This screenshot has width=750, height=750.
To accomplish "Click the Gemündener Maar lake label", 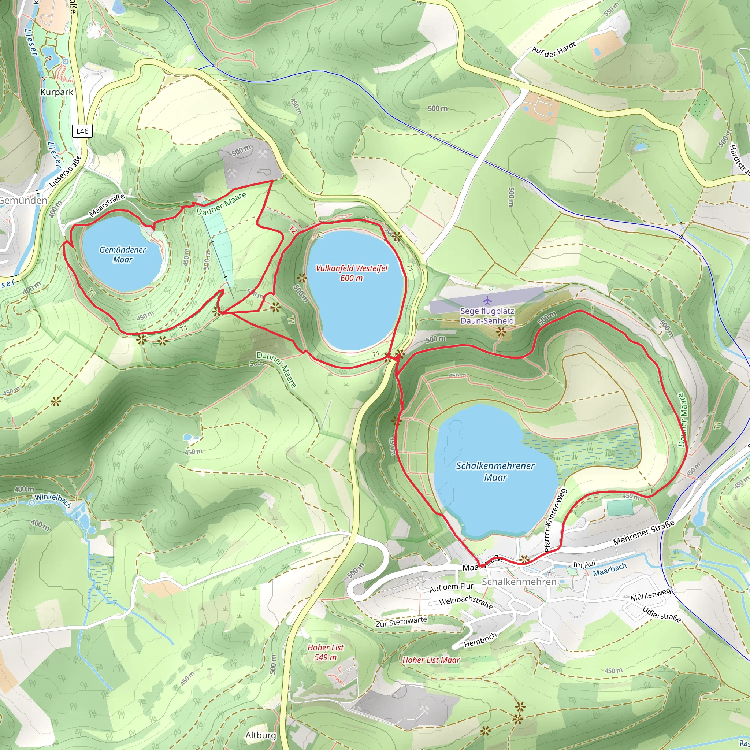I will [x=123, y=255].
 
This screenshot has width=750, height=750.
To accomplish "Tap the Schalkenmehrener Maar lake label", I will [x=495, y=471].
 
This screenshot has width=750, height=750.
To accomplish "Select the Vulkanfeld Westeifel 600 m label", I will [x=351, y=273].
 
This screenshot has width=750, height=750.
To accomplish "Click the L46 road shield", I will [x=82, y=131].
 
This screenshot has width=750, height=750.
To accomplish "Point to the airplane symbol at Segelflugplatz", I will [x=487, y=300].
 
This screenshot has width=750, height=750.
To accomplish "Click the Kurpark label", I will [x=57, y=92].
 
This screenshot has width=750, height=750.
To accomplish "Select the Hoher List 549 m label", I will [x=325, y=652].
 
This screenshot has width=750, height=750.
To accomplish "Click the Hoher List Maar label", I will [x=431, y=660].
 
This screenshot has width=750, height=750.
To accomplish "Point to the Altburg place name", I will [x=260, y=735].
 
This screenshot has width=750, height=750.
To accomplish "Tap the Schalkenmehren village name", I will [x=519, y=582].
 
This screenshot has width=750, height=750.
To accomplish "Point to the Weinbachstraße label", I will [x=465, y=602].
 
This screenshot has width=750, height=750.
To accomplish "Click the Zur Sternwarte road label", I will [x=401, y=621].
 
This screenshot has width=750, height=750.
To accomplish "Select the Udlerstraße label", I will [x=661, y=614].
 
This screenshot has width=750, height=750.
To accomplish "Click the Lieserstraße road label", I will [x=66, y=172].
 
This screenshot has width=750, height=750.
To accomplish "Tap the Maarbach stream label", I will [x=609, y=570].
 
